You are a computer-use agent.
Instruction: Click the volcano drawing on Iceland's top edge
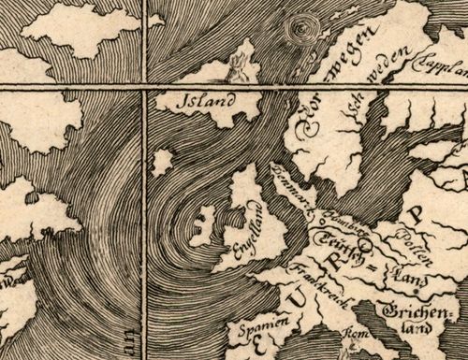coord(247,64)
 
